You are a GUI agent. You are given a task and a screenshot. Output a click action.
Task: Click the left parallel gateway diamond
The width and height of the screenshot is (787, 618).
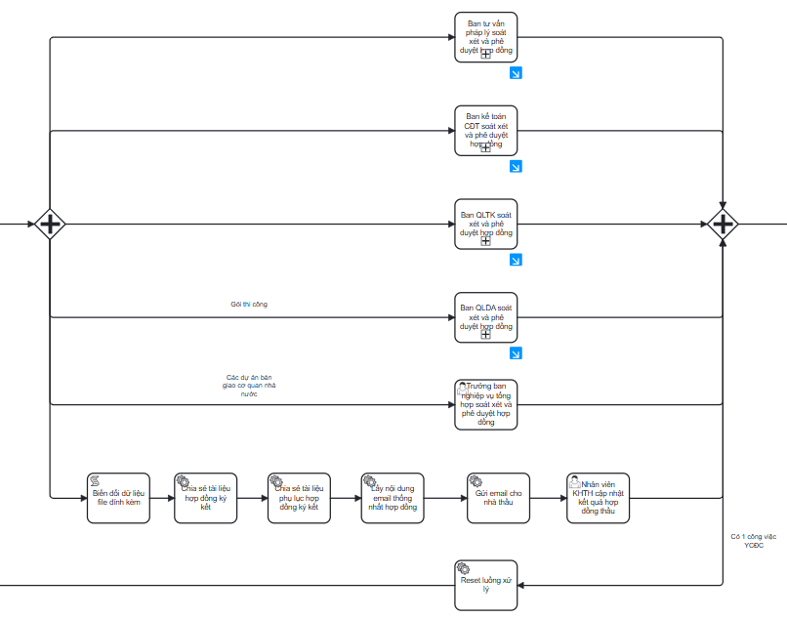(x=50, y=225)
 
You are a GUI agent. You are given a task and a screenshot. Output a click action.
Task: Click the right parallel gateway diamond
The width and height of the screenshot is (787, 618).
(x=723, y=225)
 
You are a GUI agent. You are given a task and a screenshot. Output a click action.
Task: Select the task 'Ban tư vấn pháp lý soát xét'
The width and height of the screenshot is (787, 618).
(x=485, y=37)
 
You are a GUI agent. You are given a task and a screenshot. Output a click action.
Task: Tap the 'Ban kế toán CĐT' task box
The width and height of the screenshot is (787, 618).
(x=485, y=130)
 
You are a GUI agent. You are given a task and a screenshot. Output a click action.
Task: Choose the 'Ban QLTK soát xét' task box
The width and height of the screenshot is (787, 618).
(x=485, y=225)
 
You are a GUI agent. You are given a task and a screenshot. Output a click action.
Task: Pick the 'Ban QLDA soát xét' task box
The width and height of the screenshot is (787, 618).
(x=485, y=317)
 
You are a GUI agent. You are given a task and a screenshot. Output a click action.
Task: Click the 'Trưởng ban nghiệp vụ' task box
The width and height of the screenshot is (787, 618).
(x=485, y=404)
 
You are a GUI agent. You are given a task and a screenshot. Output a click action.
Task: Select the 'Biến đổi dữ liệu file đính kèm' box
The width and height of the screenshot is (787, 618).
(x=118, y=498)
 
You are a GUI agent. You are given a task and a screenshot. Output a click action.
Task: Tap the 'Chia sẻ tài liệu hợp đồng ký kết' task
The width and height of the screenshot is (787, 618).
(x=205, y=498)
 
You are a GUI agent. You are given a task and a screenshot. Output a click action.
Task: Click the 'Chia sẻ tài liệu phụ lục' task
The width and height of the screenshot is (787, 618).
(x=299, y=498)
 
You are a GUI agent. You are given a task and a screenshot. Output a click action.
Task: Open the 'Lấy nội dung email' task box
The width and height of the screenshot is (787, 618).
(x=393, y=498)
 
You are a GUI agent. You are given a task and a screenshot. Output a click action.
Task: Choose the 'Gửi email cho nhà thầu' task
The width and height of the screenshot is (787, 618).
(x=498, y=498)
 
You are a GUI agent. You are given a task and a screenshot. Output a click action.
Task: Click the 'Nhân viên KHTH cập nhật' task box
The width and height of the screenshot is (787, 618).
(x=598, y=498)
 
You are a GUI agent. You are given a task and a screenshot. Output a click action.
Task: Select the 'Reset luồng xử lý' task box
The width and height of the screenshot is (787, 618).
(x=485, y=585)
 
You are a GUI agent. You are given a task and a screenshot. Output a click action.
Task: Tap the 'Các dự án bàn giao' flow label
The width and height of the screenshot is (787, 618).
(x=249, y=386)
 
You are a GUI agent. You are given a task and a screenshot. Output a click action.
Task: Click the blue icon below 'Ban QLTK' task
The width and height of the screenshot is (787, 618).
(x=516, y=260)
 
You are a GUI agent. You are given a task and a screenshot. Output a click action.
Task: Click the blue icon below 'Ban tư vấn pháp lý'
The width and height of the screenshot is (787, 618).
(x=516, y=72)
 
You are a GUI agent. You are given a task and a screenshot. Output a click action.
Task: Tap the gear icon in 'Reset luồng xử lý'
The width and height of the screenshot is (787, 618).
(x=464, y=569)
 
